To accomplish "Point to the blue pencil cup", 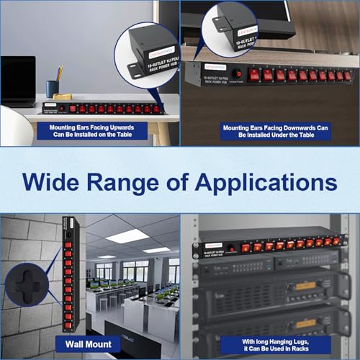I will click(x=53, y=88).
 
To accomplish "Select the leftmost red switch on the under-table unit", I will click(x=256, y=74).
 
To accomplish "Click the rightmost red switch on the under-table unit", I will click(x=347, y=75).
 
